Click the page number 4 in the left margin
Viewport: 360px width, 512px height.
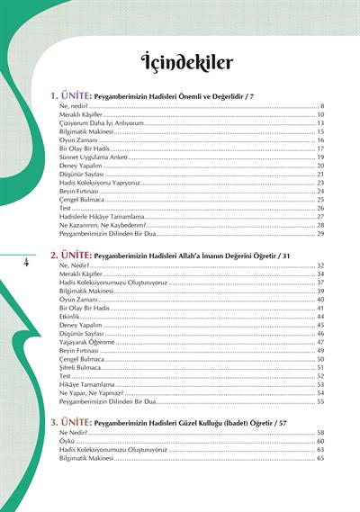(x=26, y=262)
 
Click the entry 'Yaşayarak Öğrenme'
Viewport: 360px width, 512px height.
(x=86, y=342)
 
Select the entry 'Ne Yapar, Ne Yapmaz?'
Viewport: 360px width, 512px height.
(x=89, y=392)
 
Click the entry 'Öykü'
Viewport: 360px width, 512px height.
(x=67, y=441)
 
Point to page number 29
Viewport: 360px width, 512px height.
(x=320, y=234)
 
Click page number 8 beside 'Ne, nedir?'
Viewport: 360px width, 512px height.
(x=322, y=106)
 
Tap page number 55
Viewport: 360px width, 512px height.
(x=320, y=401)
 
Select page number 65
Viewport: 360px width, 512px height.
(x=320, y=458)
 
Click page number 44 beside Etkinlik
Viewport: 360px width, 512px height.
(x=320, y=317)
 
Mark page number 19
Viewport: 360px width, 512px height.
(x=320, y=157)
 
